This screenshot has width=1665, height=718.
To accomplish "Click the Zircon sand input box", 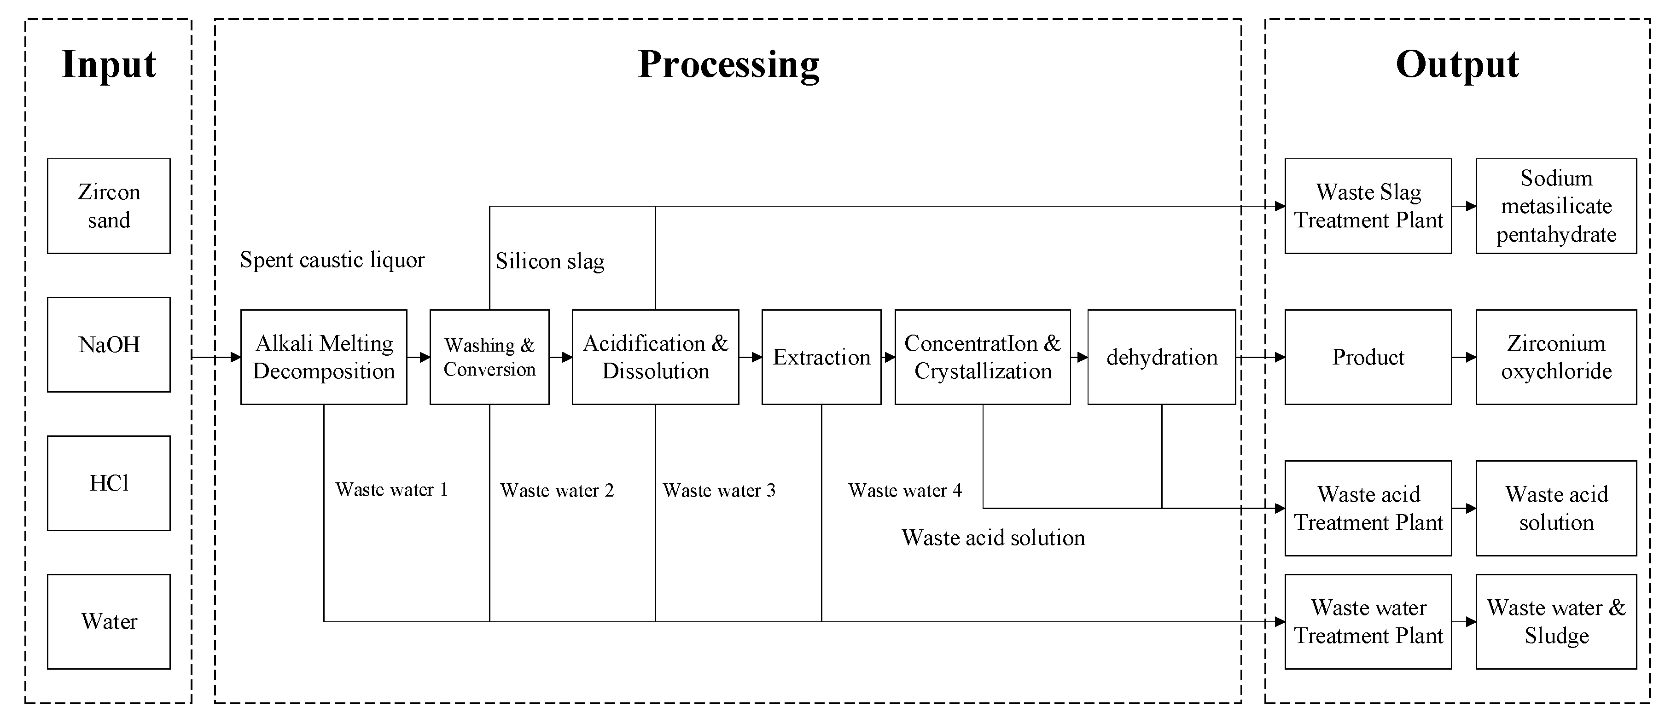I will coord(109,206).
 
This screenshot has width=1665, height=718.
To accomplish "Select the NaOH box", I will coord(109,344).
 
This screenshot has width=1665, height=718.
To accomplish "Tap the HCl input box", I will coord(109,483).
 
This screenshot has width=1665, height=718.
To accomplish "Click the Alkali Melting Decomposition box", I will coord(323,357).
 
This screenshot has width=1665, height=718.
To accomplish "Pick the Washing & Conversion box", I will coord(489,357).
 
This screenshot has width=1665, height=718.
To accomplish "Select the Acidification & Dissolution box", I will coord(655,357).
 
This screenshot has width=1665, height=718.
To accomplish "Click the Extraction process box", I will coord(821,357).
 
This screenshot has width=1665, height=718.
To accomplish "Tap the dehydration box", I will coord(1161,357).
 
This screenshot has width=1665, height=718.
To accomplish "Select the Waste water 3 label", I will coord(719,491).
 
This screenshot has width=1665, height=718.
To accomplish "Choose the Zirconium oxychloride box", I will coord(1556,357).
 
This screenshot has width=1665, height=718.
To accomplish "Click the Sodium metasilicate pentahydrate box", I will coord(1556,206).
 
